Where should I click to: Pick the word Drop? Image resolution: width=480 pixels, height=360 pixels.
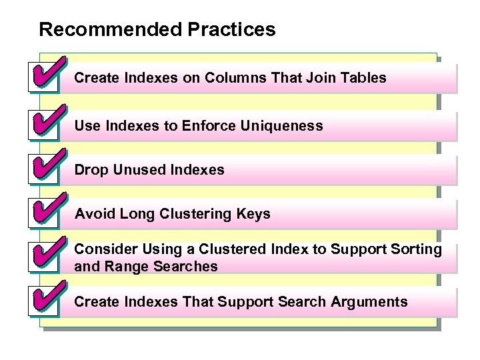pos(91,170)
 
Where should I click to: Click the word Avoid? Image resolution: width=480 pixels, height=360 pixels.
pos(93,214)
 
